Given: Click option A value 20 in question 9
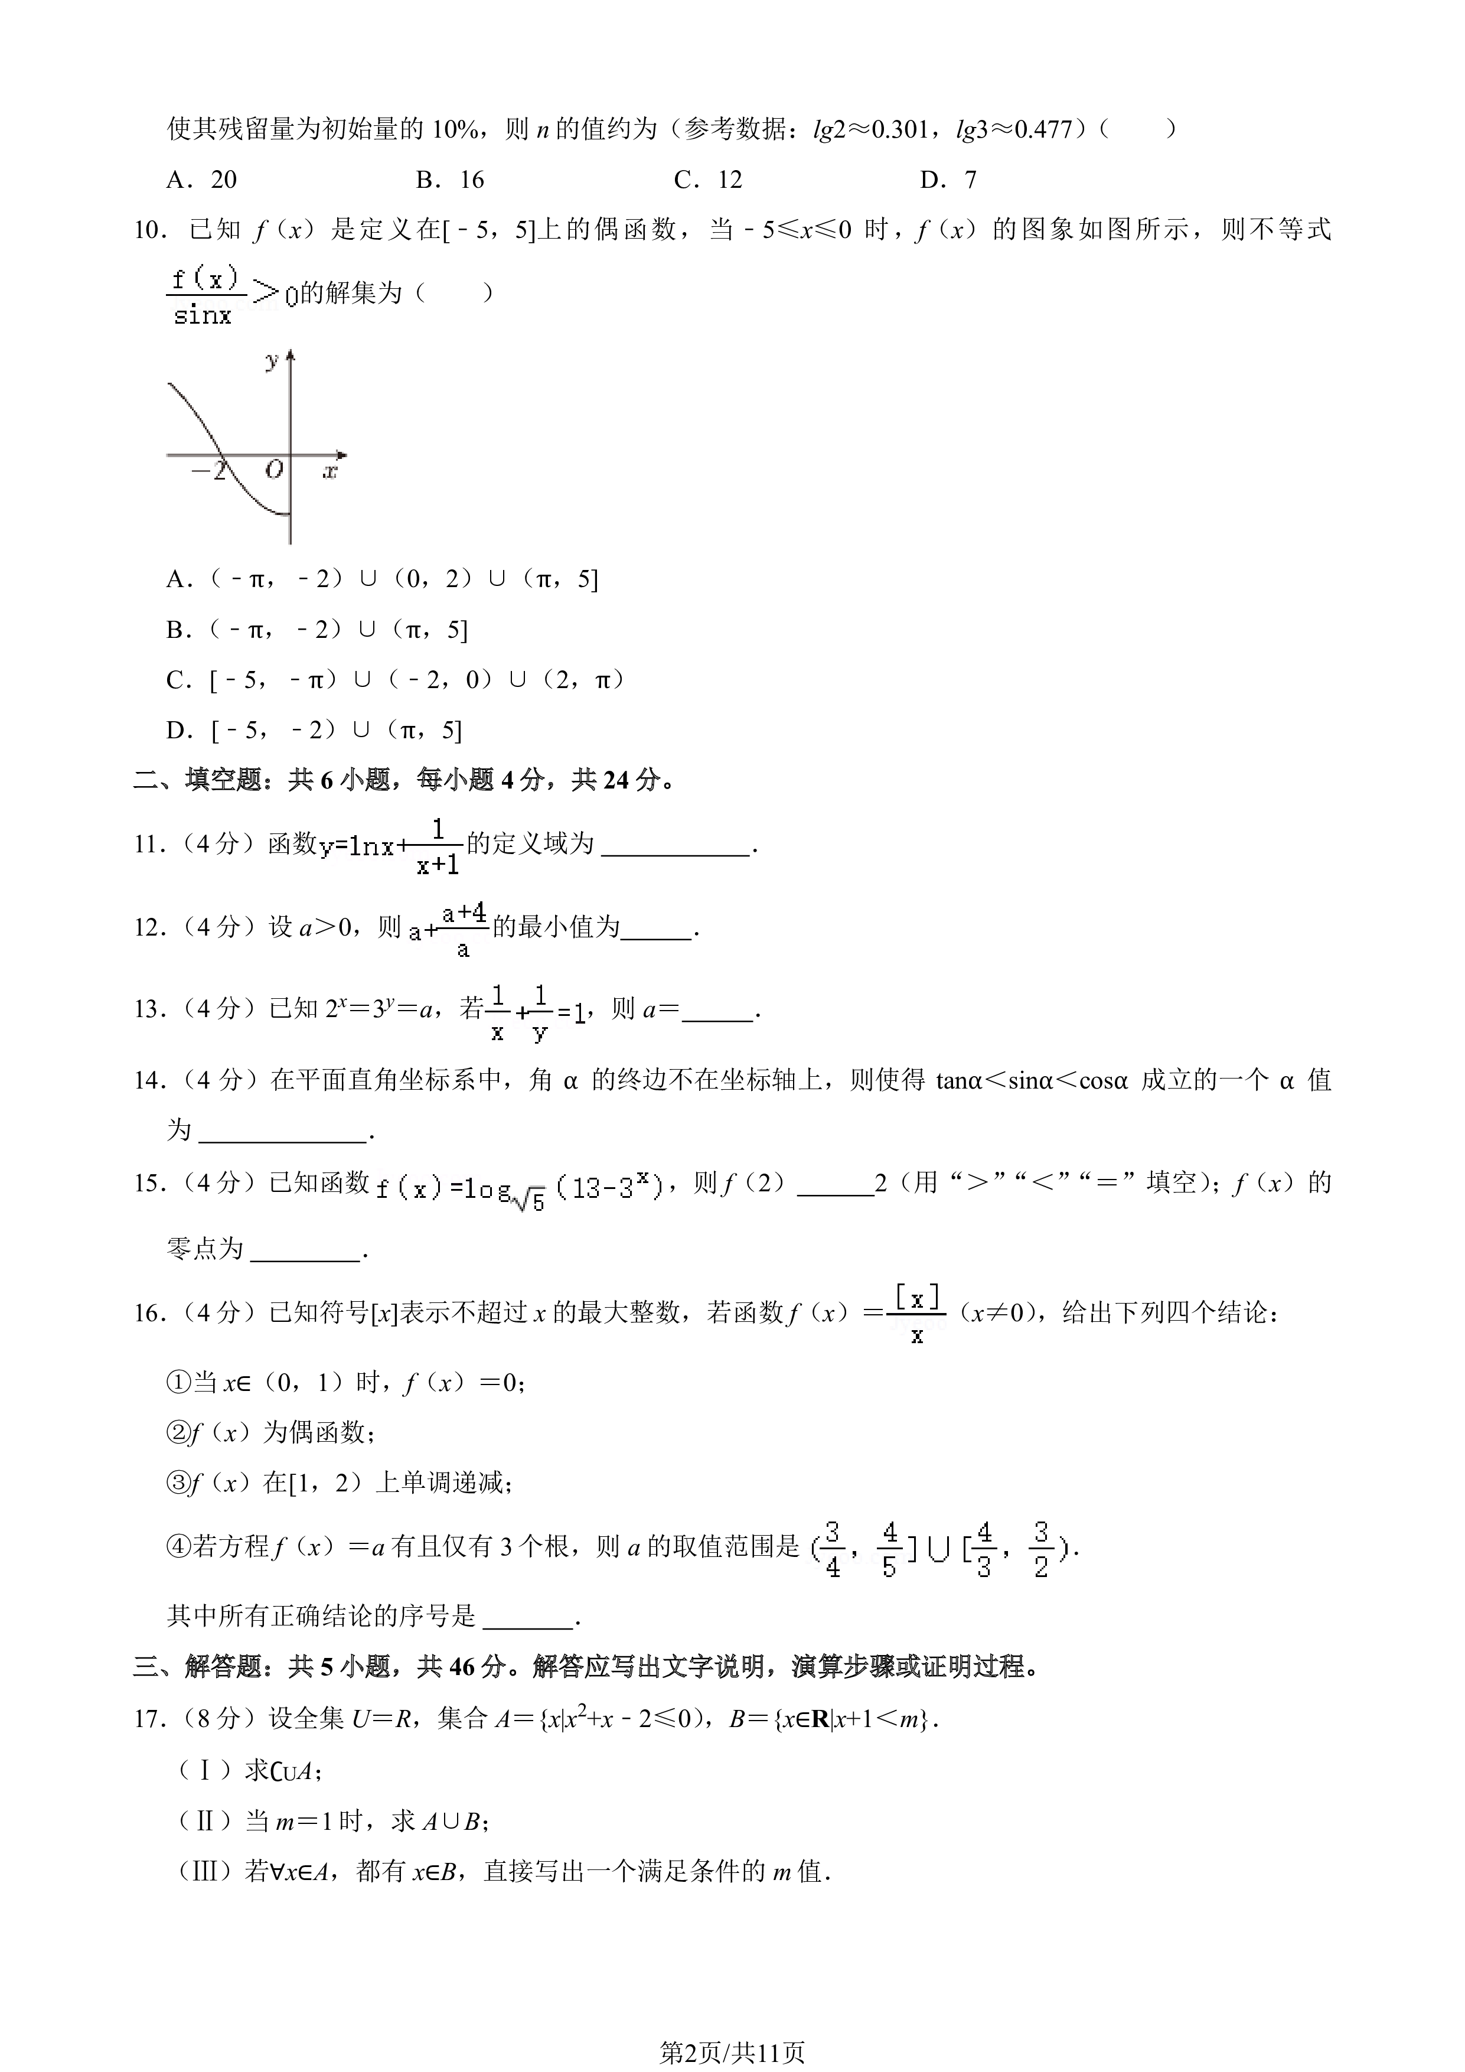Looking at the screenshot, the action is (224, 180).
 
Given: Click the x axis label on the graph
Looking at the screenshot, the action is (330, 470).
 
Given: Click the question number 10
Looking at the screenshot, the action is (150, 230).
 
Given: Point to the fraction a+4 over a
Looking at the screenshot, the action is (464, 929).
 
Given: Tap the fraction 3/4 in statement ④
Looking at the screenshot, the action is (833, 1549).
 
